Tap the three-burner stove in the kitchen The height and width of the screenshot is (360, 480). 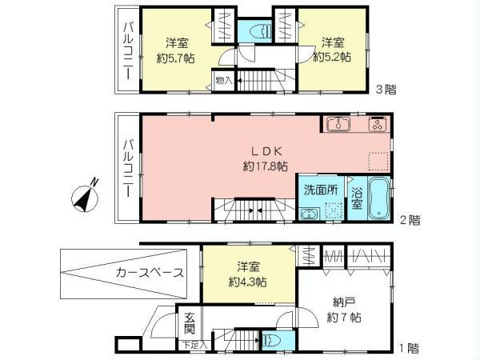point(378,124)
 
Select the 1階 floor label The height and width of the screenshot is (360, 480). point(408,348)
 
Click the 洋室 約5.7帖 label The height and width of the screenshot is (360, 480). point(177,50)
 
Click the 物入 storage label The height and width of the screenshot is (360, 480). point(223,80)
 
